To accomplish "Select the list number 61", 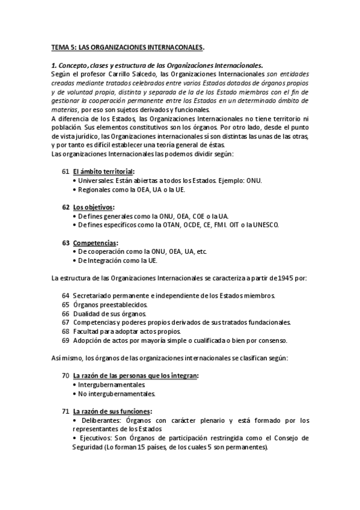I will coord(66,171).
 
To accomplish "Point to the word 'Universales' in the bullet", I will coord(96,180).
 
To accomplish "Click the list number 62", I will coord(66,207).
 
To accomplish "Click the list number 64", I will coord(66,296).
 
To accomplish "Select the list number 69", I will coord(66,340).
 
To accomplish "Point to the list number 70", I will coord(66,376).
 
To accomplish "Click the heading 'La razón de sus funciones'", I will coord(112,411).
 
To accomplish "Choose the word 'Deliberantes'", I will coord(99,420).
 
